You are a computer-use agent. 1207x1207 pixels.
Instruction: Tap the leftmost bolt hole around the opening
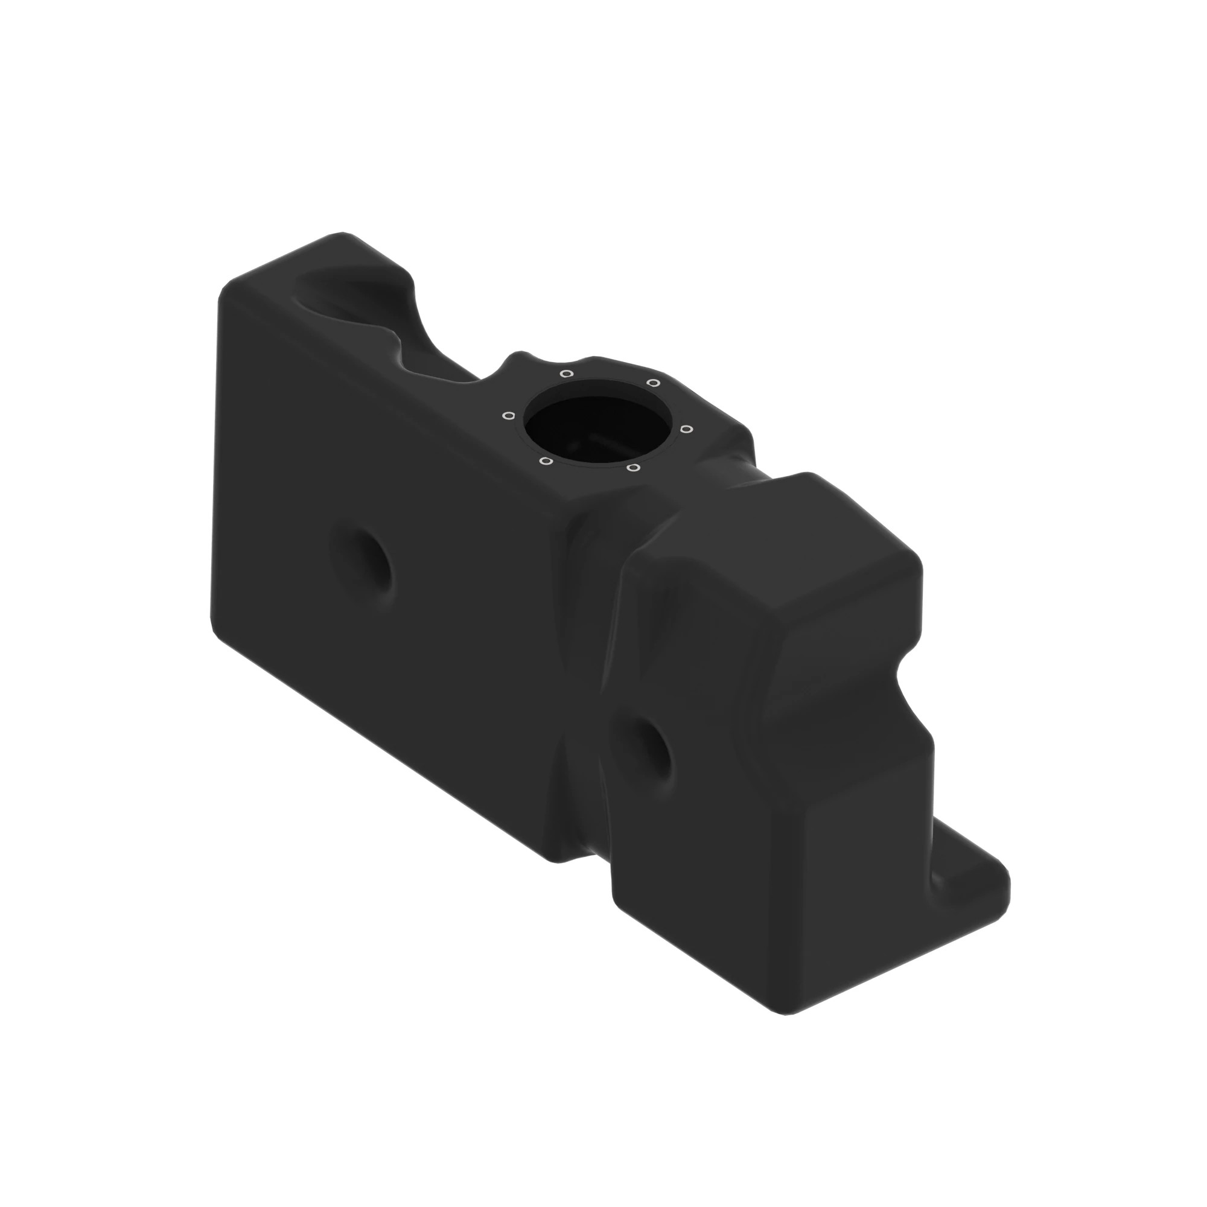(x=509, y=415)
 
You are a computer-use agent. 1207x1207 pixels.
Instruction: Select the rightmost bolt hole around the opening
(x=686, y=428)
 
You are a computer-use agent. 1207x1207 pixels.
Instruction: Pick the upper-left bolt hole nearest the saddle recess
(x=566, y=374)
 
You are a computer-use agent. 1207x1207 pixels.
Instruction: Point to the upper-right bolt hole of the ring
(x=652, y=383)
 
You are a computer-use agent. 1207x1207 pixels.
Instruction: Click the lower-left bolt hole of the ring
(x=546, y=462)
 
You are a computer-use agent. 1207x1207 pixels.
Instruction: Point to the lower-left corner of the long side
(x=218, y=631)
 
